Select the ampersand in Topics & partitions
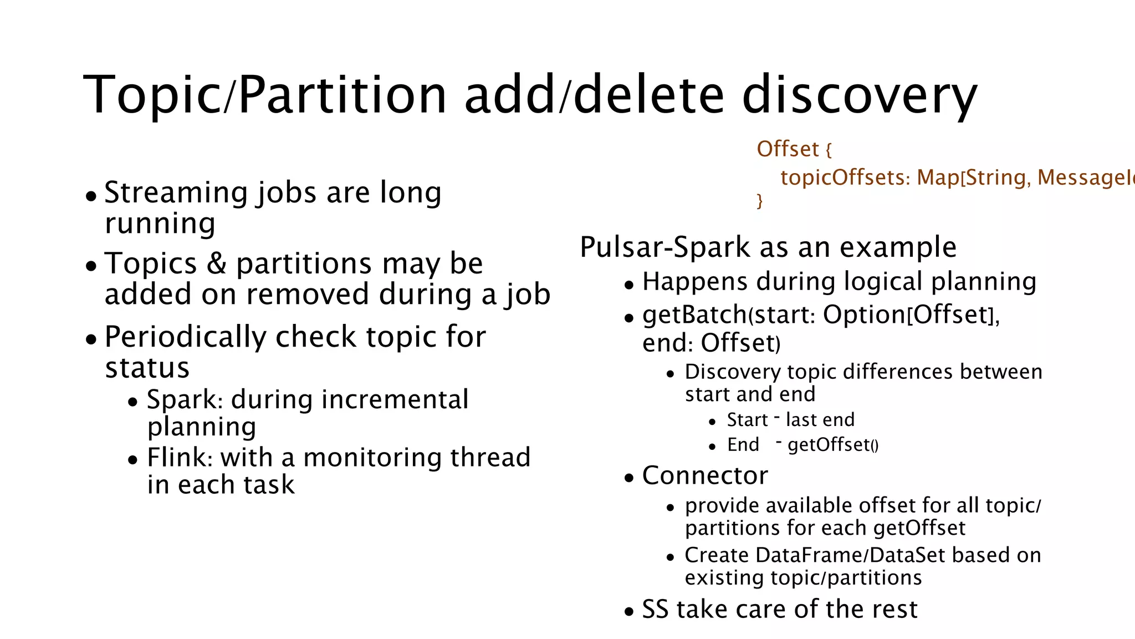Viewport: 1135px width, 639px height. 216,263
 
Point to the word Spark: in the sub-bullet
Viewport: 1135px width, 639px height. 185,400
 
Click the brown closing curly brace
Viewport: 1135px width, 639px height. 760,200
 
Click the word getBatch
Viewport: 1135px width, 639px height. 694,315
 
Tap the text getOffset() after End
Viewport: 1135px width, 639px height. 832,445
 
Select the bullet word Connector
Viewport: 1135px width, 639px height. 705,476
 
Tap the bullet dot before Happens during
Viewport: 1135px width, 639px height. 628,286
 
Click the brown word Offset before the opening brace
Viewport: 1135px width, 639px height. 788,149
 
